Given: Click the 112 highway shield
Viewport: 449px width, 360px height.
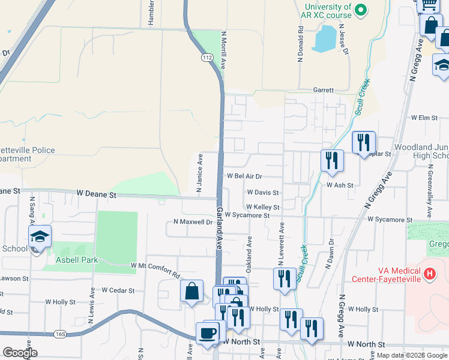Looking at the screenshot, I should point(207,58).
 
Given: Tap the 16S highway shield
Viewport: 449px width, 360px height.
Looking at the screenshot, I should point(59,334).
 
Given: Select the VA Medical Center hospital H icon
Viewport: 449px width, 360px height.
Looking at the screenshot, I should point(429,274).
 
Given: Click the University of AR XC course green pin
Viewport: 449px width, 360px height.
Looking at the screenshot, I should point(361,10).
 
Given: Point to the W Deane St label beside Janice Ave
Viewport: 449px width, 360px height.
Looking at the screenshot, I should point(96,195).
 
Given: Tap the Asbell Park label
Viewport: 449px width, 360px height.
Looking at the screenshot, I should point(76,260).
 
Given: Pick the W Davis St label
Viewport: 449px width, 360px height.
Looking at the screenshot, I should point(263,193).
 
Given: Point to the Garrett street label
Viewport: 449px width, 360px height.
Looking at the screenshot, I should point(323,90).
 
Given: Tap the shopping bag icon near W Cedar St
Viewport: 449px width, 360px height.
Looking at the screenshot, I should point(191,292).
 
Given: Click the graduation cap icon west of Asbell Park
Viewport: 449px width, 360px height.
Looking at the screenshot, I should point(40,236).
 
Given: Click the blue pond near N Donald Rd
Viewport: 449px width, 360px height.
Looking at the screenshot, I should point(325,38).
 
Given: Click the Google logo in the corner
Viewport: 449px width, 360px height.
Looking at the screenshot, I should point(20,353).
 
